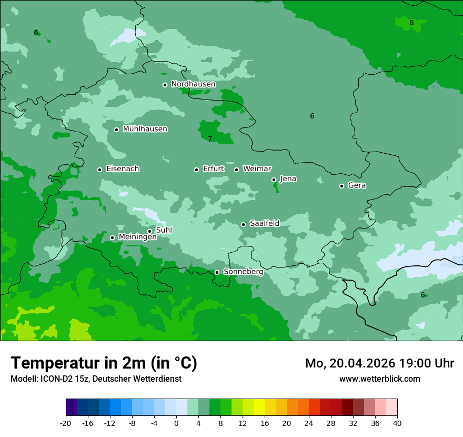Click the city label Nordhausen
coord(193,84)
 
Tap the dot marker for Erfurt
coord(196,170)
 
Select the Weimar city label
coord(257,169)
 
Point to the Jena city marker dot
coord(274,180)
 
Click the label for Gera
coord(357,185)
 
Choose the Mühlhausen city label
coord(145,129)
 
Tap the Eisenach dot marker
coord(99,170)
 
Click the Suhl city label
coord(164,230)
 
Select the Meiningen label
coord(137,237)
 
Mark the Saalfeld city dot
coord(243,224)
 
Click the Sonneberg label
coord(243,272)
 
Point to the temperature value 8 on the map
coord(411,23)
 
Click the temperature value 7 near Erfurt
coord(210,140)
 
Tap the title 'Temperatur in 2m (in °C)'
coord(104,363)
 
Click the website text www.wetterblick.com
coord(379,379)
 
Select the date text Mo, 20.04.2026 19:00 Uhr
coord(379,363)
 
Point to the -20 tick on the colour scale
coord(66,423)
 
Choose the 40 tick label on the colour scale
coord(397,423)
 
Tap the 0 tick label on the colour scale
coord(176,423)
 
